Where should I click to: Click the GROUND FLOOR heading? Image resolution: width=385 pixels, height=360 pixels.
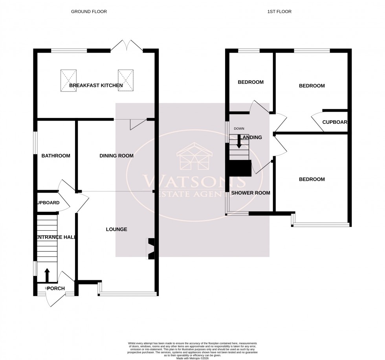click(x=89, y=12)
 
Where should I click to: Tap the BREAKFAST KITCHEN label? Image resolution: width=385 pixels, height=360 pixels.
click(x=96, y=85)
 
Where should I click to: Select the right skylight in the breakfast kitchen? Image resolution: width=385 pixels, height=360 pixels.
click(x=126, y=81)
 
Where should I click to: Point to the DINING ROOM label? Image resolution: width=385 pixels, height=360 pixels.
click(x=116, y=156)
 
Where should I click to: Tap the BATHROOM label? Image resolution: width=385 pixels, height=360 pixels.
click(x=56, y=156)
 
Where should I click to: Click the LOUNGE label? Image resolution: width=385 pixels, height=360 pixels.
click(x=116, y=229)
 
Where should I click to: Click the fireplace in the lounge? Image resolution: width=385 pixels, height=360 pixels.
click(x=151, y=249)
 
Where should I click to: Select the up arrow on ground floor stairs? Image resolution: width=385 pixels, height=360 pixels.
click(x=47, y=275)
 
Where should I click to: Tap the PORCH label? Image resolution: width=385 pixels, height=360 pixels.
click(x=56, y=288)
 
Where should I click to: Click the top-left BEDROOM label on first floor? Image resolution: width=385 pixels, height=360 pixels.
click(x=250, y=82)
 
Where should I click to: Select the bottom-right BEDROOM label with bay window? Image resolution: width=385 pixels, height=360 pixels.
click(x=312, y=179)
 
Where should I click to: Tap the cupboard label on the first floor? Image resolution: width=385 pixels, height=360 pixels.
click(x=334, y=122)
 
